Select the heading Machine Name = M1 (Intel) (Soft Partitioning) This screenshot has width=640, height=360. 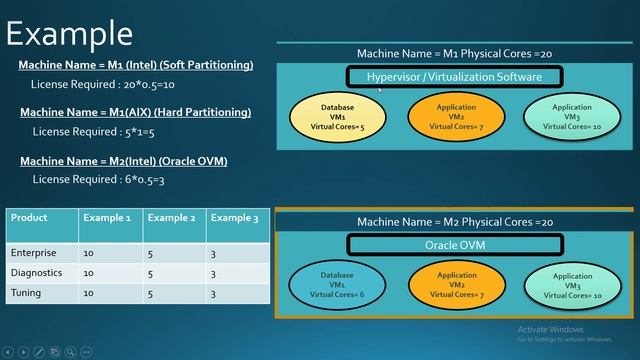pyautogui.click(x=136, y=65)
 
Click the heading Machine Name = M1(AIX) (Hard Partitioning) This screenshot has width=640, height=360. pyautogui.click(x=135, y=112)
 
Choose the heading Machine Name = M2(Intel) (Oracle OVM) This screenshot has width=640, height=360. pyautogui.click(x=123, y=161)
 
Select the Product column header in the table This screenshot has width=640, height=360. pyautogui.click(x=29, y=218)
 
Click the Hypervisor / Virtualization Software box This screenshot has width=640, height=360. pyautogui.click(x=455, y=77)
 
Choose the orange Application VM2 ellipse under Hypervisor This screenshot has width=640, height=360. pyautogui.click(x=456, y=117)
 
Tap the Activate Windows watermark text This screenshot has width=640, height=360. pyautogui.click(x=550, y=330)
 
